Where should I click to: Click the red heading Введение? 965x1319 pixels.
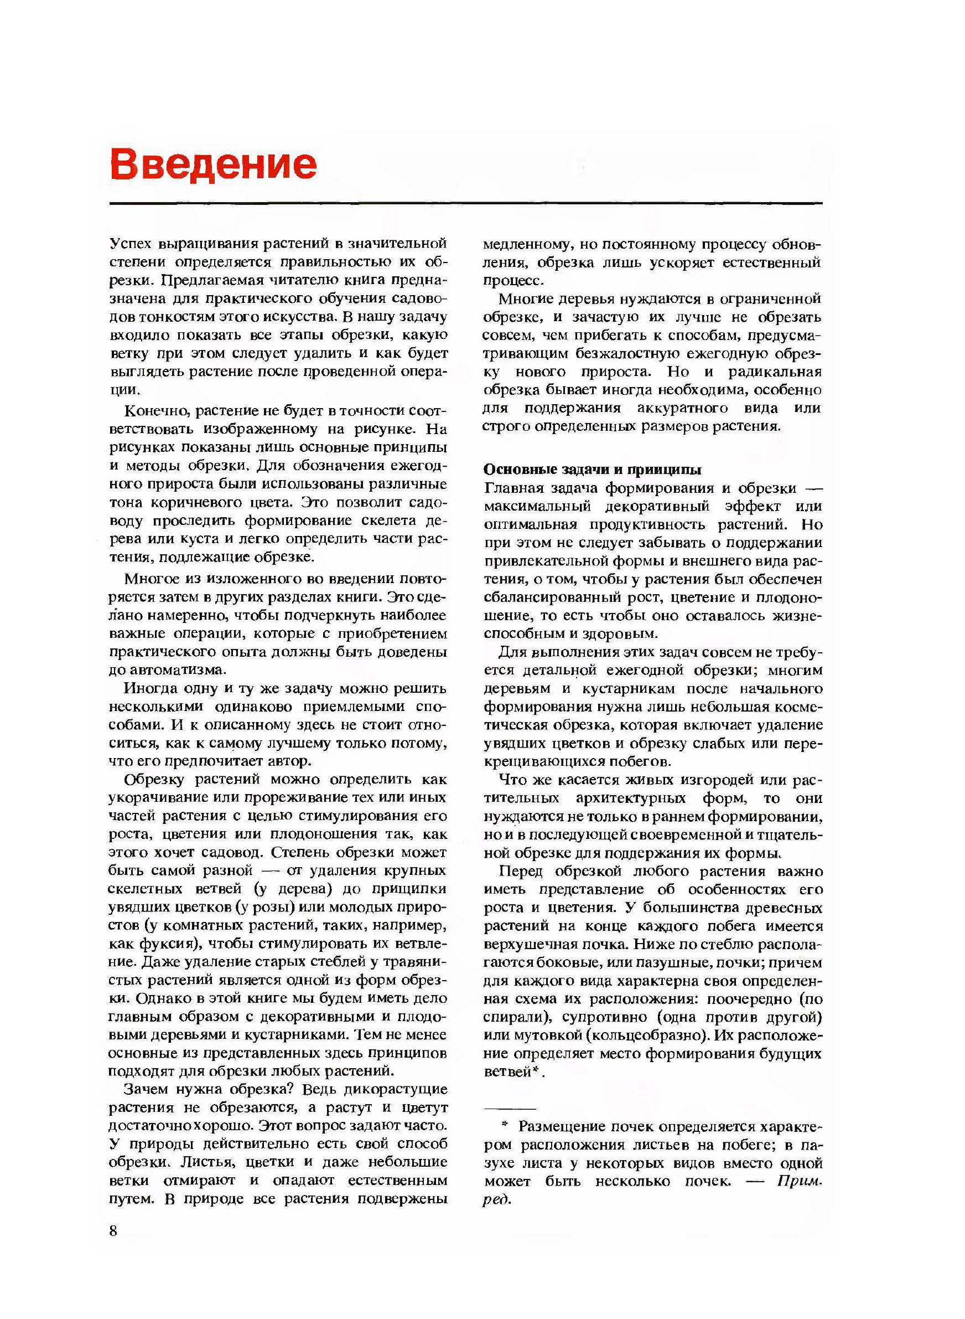click(x=213, y=164)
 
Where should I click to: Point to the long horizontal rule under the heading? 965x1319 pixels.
click(x=465, y=203)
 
